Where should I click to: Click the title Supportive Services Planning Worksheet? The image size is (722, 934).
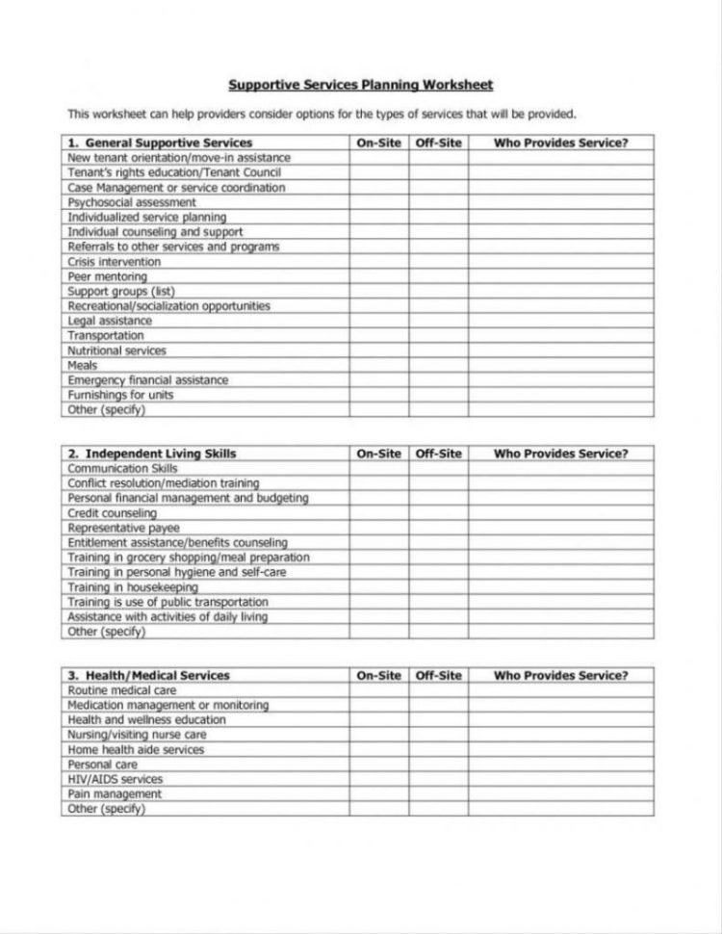360,85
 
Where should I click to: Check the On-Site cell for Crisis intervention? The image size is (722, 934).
379,262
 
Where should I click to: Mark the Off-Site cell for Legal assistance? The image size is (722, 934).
439,321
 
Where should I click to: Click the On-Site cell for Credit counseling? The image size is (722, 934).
379,513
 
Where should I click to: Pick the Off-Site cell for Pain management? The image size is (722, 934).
439,794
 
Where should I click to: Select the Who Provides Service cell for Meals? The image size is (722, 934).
560,366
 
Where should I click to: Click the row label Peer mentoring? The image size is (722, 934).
107,276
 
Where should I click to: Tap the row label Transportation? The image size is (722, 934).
106,336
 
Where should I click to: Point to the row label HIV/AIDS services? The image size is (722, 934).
116,779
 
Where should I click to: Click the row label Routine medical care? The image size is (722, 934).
122,690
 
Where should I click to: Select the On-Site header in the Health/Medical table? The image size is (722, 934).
379,676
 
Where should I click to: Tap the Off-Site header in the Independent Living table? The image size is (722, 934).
439,454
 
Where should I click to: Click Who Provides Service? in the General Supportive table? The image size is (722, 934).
560,143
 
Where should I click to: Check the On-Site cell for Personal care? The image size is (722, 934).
379,765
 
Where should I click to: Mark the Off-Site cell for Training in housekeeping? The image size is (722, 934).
439,587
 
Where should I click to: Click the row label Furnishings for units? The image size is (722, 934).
120,395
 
